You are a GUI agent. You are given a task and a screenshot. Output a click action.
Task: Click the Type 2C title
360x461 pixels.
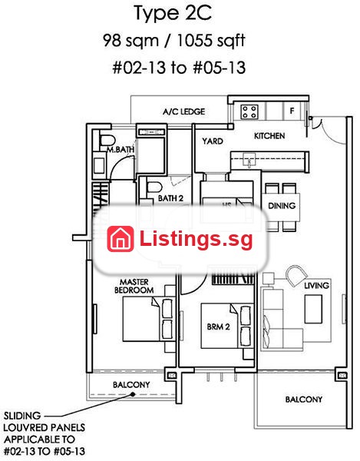tap(173, 14)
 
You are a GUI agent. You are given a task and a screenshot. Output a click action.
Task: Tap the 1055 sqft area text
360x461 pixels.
tap(211, 41)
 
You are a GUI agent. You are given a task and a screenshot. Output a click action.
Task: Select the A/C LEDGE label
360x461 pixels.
tap(183, 111)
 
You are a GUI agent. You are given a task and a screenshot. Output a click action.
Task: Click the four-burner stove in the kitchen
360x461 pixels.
tap(249, 112)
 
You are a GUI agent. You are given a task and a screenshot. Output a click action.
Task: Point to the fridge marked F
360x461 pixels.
tap(292, 111)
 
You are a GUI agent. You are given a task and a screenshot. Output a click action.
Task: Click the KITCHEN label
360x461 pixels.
tap(269, 136)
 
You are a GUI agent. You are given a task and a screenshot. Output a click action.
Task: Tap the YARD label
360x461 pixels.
tap(213, 141)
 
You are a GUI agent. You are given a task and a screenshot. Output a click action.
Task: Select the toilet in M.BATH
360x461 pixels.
tap(107, 141)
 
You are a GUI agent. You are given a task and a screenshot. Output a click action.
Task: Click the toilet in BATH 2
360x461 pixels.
tap(154, 187)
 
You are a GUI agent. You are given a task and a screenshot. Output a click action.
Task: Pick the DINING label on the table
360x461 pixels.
tap(282, 205)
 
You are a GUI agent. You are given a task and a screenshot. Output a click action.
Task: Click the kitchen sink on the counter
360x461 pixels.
tap(249, 160)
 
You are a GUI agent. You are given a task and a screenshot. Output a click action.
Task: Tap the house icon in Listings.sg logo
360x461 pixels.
tap(120, 239)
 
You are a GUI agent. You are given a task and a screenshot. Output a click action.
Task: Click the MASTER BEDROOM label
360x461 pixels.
tap(134, 286)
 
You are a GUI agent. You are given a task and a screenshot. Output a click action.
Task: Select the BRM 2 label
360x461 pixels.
tap(218, 327)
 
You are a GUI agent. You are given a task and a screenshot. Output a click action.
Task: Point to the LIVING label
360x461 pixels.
tap(316, 285)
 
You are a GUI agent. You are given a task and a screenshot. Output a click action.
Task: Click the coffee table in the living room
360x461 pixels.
tap(313, 310)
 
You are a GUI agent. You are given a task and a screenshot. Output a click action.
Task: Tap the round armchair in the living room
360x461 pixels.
tap(296, 276)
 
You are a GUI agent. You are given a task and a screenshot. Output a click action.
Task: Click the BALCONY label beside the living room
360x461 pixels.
tap(304, 400)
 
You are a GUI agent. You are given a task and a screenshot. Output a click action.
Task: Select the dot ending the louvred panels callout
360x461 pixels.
tap(133, 394)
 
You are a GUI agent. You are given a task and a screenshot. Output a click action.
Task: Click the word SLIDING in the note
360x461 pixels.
tap(22, 416)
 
